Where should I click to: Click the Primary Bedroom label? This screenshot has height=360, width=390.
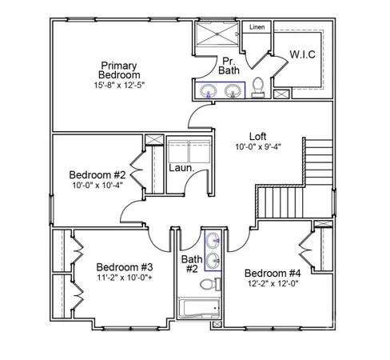[120, 70]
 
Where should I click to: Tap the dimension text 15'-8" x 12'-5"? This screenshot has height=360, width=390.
[120, 84]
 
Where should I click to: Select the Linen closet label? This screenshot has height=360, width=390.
[257, 27]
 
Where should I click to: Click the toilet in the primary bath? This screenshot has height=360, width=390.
[258, 86]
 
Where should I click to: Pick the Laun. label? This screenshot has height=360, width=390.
[180, 168]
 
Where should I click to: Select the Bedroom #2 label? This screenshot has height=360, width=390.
[97, 175]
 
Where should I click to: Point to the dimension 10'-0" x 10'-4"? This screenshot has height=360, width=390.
[97, 186]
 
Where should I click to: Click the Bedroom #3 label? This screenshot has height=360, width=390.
[125, 266]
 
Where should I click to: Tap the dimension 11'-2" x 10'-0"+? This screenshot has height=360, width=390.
[125, 278]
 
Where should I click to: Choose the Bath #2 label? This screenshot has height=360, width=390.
[192, 264]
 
